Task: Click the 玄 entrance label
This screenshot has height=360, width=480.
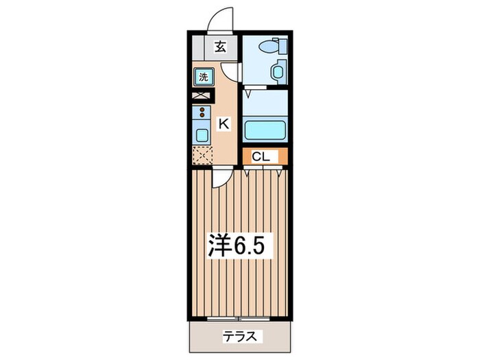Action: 220,47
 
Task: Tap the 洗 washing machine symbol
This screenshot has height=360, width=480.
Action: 203,77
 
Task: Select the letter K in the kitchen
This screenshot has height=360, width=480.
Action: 224,124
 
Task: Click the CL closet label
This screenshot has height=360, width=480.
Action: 261,157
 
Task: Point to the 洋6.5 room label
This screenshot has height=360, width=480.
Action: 236,245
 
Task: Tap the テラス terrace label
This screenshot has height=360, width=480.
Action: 240,337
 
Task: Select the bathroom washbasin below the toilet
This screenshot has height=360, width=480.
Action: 278,72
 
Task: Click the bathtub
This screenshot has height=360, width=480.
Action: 265,130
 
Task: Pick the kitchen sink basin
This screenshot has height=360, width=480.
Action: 202,134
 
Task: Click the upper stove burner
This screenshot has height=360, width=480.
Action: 202,110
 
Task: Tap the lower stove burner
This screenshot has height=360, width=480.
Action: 202,115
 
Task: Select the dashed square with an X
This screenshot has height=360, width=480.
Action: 202,156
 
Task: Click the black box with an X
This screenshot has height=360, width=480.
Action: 202,95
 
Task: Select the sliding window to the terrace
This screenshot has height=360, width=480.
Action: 239,319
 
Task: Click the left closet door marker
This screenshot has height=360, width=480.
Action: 247,173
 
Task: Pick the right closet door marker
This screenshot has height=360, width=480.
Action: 279,173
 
